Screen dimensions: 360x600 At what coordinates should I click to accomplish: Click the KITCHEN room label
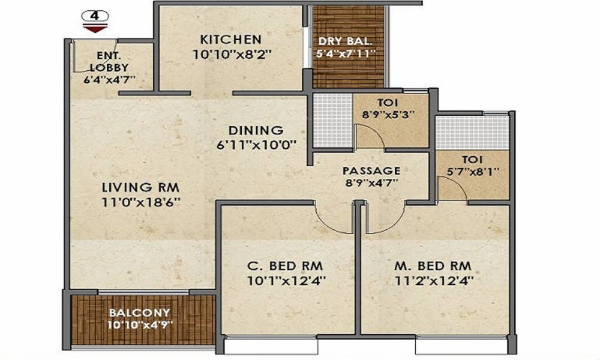point(231,40)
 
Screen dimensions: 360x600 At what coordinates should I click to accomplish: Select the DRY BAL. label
point(346,41)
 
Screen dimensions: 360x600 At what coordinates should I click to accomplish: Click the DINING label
point(256,130)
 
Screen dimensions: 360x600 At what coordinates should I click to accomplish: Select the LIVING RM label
point(141,187)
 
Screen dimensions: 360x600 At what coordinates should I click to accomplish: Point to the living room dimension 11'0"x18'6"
point(141,202)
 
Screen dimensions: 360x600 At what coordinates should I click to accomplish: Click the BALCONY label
point(139,313)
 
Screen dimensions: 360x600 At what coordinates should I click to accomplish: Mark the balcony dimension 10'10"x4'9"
point(139,325)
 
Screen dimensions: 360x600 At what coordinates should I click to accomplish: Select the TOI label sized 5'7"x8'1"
point(472,160)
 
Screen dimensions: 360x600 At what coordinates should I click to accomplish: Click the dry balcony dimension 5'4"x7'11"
point(346,53)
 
